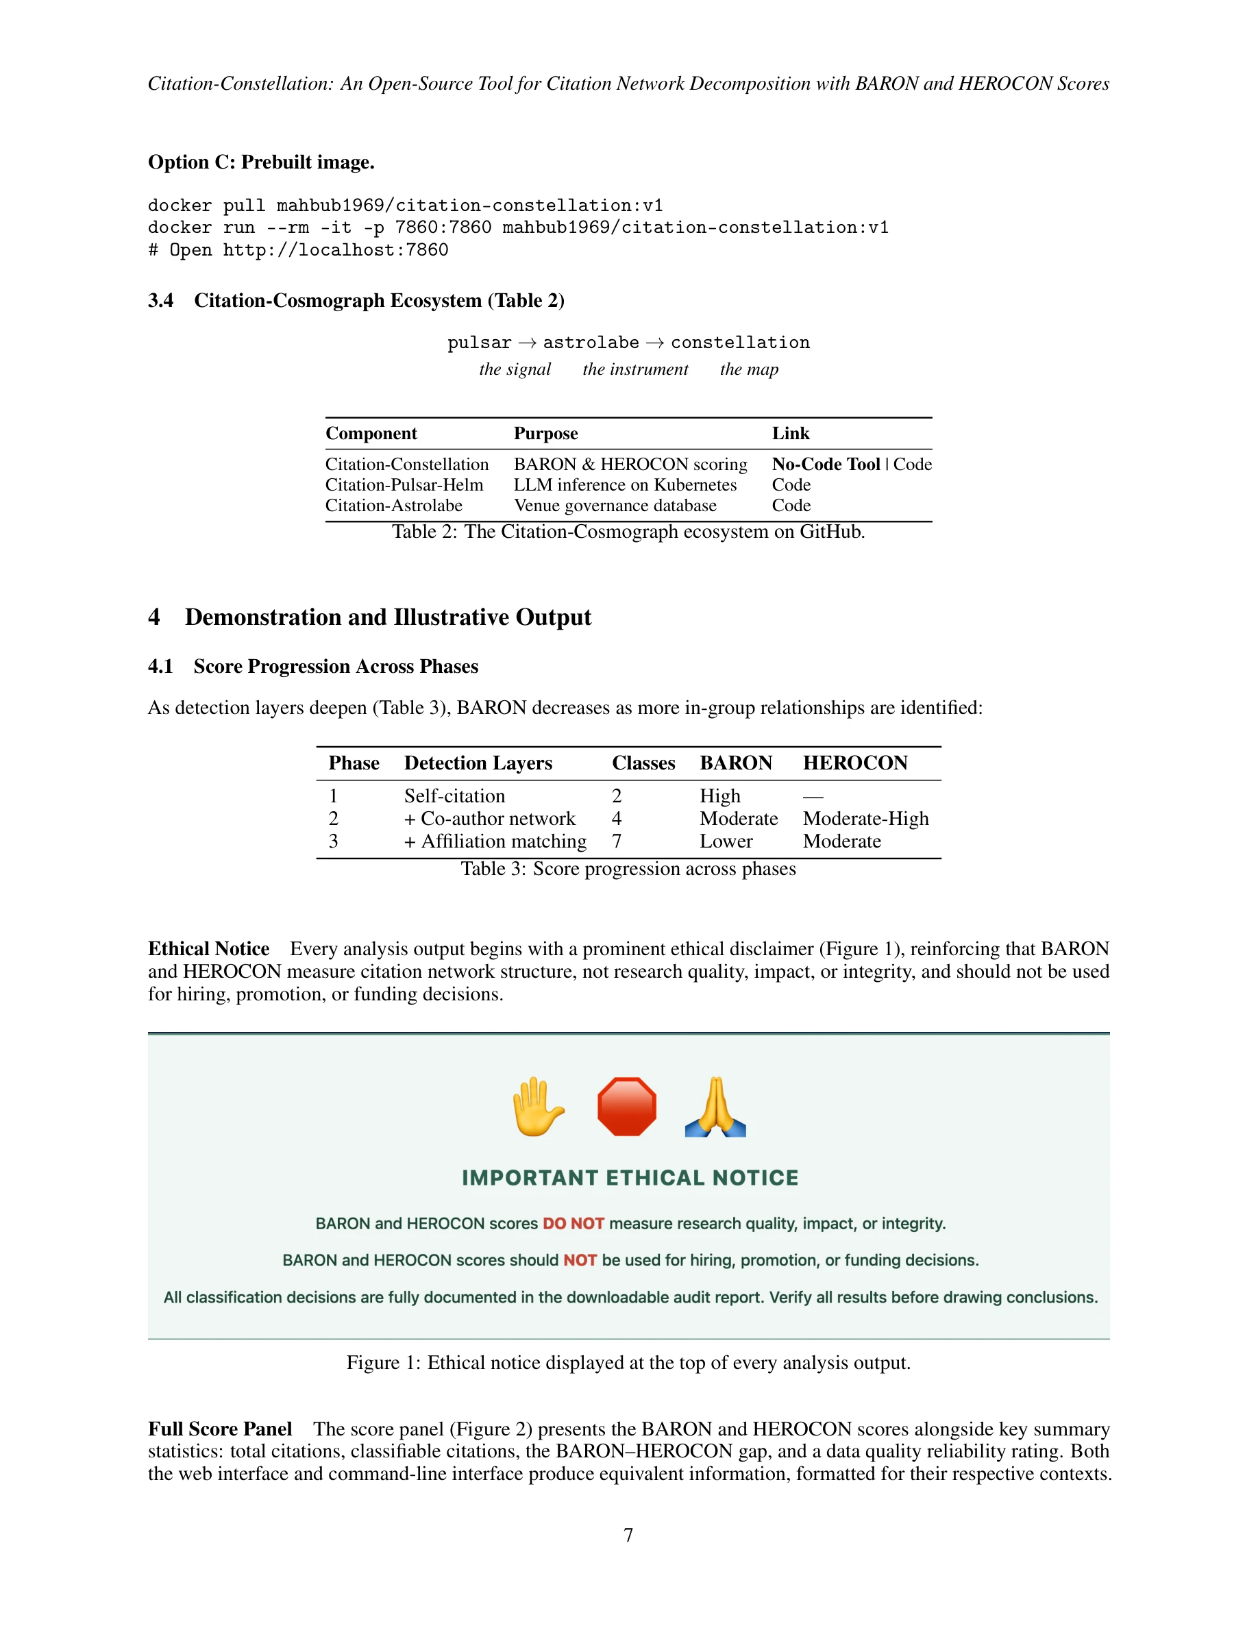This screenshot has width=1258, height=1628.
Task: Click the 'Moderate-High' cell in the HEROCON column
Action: tap(865, 819)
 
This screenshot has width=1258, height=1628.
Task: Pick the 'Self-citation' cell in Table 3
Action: tap(454, 796)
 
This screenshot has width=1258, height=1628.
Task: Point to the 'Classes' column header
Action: tap(643, 763)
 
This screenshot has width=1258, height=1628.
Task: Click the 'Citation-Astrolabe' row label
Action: tap(393, 506)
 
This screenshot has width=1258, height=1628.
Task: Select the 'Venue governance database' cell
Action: tap(615, 506)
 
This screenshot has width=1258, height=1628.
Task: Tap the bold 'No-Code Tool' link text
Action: tap(826, 465)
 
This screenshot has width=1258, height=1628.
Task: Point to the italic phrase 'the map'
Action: tap(749, 370)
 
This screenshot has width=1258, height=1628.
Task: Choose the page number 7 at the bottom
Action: tap(628, 1535)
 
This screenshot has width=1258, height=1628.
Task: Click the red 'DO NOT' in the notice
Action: tap(573, 1224)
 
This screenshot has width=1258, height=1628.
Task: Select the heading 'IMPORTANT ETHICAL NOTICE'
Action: tap(630, 1178)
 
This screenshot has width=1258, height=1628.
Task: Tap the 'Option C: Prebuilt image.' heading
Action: tap(261, 162)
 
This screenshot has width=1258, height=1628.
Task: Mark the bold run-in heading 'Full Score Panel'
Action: tap(220, 1429)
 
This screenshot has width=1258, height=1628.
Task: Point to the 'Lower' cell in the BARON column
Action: tap(726, 841)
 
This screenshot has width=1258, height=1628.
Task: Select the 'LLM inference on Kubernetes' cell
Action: tap(624, 485)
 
